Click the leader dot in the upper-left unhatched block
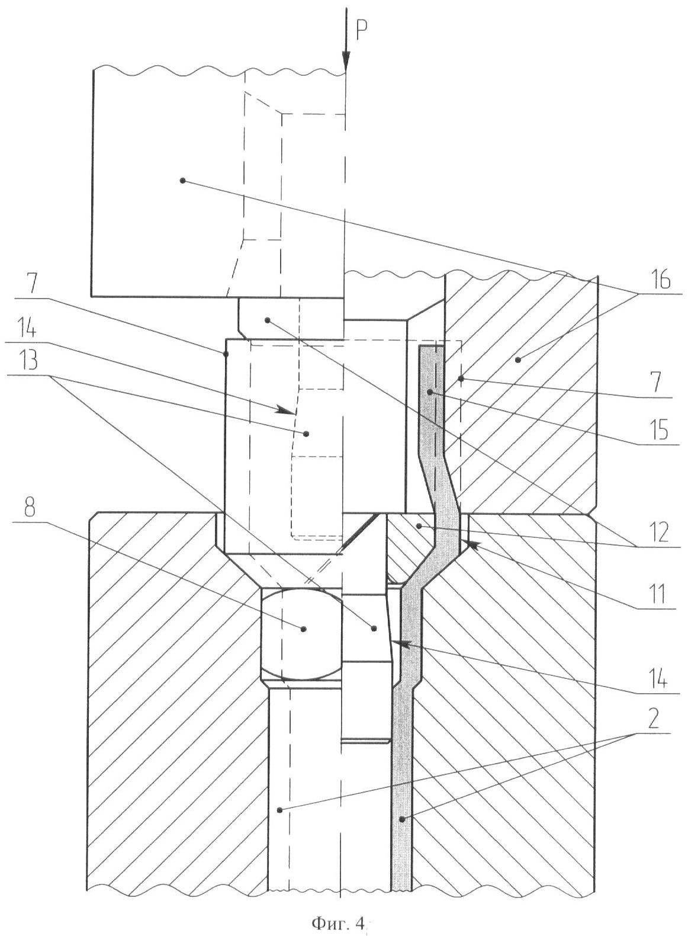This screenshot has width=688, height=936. coord(183,179)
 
